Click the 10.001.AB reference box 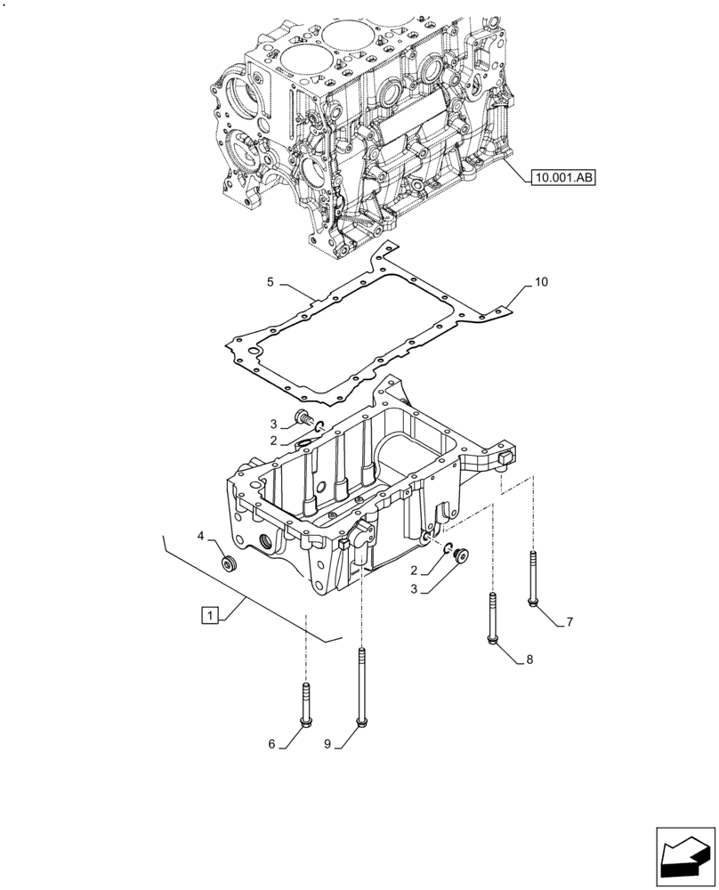pos(563,178)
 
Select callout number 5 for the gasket pos(271,283)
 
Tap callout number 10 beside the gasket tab pos(542,282)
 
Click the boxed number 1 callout pos(209,615)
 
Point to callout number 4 pos(201,536)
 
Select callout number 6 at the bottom pos(271,744)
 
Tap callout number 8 pos(529,659)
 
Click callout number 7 pos(570,622)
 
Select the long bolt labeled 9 pos(361,685)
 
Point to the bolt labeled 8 pos(491,619)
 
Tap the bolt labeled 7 pos(532,578)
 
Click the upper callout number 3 pos(275,423)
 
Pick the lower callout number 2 pos(415,570)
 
